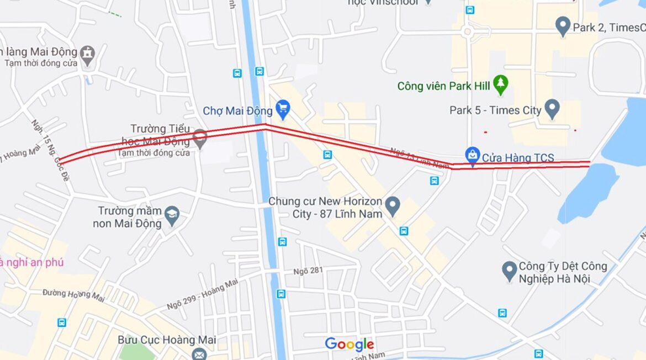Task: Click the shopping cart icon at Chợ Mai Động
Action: tap(283, 109)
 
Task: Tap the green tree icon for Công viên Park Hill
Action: tap(500, 84)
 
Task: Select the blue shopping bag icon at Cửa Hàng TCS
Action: tap(472, 156)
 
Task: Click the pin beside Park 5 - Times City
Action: tap(552, 108)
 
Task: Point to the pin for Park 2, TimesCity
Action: tap(562, 25)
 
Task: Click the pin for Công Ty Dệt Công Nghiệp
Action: tap(509, 271)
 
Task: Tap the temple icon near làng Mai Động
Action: tap(87, 54)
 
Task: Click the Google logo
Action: tap(349, 345)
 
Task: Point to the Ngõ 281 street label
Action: tap(308, 271)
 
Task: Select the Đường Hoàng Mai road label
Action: tap(73, 295)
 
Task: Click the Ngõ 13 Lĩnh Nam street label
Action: tap(420, 158)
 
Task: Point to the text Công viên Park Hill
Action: tap(435, 86)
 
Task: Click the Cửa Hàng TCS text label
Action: tap(518, 158)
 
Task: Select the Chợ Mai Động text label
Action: tap(237, 111)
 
